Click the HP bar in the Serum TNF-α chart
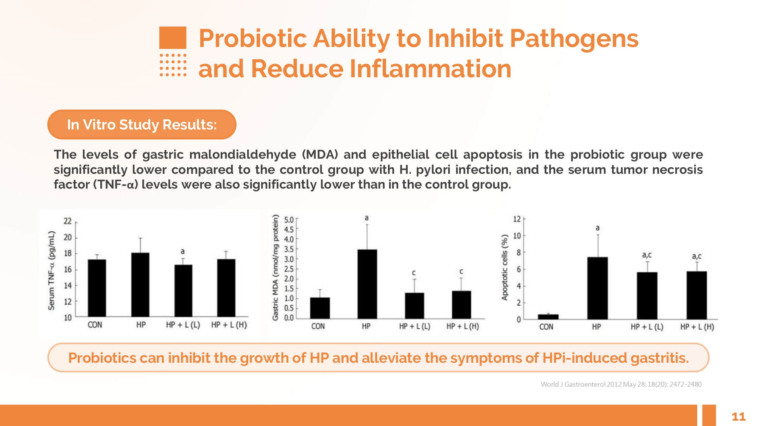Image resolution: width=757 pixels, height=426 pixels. pyautogui.click(x=140, y=284)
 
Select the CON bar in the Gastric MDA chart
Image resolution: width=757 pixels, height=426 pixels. pyautogui.click(x=320, y=308)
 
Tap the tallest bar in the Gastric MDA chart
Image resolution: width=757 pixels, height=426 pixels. pyautogui.click(x=367, y=284)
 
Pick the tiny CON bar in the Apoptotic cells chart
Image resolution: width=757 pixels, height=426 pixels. pyautogui.click(x=548, y=317)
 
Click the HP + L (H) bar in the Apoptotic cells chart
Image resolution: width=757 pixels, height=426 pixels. pyautogui.click(x=696, y=295)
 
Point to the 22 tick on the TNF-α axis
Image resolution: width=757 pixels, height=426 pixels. pyautogui.click(x=68, y=221)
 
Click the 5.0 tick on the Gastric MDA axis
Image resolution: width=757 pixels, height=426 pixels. pyautogui.click(x=289, y=220)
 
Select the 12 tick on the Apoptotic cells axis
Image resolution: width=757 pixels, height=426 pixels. pyautogui.click(x=517, y=219)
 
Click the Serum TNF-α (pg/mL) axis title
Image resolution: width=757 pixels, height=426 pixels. pyautogui.click(x=51, y=271)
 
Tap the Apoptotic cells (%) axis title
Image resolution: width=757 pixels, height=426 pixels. pyautogui.click(x=504, y=268)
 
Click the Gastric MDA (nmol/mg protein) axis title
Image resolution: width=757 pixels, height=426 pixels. pyautogui.click(x=276, y=267)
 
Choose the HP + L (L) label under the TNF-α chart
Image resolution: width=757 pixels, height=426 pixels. pyautogui.click(x=183, y=325)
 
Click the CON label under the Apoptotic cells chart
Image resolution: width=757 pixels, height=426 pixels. pyautogui.click(x=546, y=327)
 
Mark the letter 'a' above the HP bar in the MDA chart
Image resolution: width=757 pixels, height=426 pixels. pyautogui.click(x=366, y=218)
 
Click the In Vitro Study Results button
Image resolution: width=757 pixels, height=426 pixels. pyautogui.click(x=142, y=125)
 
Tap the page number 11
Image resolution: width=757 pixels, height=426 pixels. pyautogui.click(x=738, y=417)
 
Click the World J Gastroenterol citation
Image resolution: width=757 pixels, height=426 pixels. pyautogui.click(x=621, y=384)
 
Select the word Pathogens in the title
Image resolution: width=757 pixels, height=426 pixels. pyautogui.click(x=574, y=39)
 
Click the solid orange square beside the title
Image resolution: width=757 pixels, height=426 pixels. pyautogui.click(x=173, y=37)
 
